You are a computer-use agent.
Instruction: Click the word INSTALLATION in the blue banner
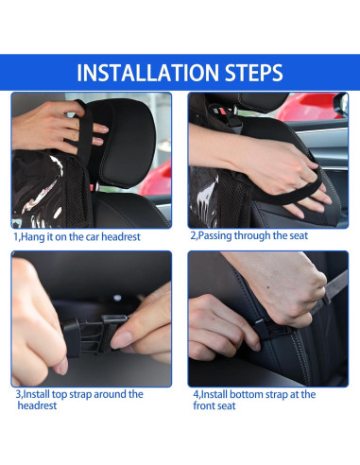click(147, 73)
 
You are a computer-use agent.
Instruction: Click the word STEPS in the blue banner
click(254, 73)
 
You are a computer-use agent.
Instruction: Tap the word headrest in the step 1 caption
click(121, 237)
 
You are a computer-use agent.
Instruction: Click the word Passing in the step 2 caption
click(215, 236)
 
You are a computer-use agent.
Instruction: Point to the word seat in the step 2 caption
click(299, 235)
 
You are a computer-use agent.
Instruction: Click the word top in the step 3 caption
click(59, 394)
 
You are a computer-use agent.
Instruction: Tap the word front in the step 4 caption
click(204, 405)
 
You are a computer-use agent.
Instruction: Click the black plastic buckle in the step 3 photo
click(91, 335)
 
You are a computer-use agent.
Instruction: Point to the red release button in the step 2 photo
click(222, 112)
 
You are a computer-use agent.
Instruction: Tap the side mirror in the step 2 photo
click(341, 104)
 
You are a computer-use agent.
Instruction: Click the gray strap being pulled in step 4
click(330, 293)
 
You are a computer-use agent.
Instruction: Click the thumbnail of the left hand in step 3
click(62, 367)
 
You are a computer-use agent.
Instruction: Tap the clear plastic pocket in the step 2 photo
click(204, 197)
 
